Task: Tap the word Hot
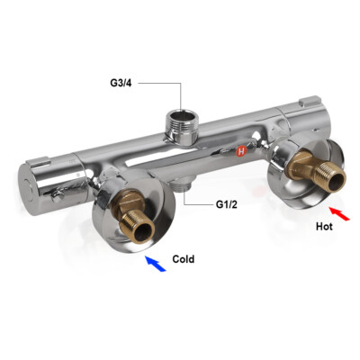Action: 325,227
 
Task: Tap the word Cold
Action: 184,259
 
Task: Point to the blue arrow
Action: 154,262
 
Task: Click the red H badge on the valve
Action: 240,153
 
